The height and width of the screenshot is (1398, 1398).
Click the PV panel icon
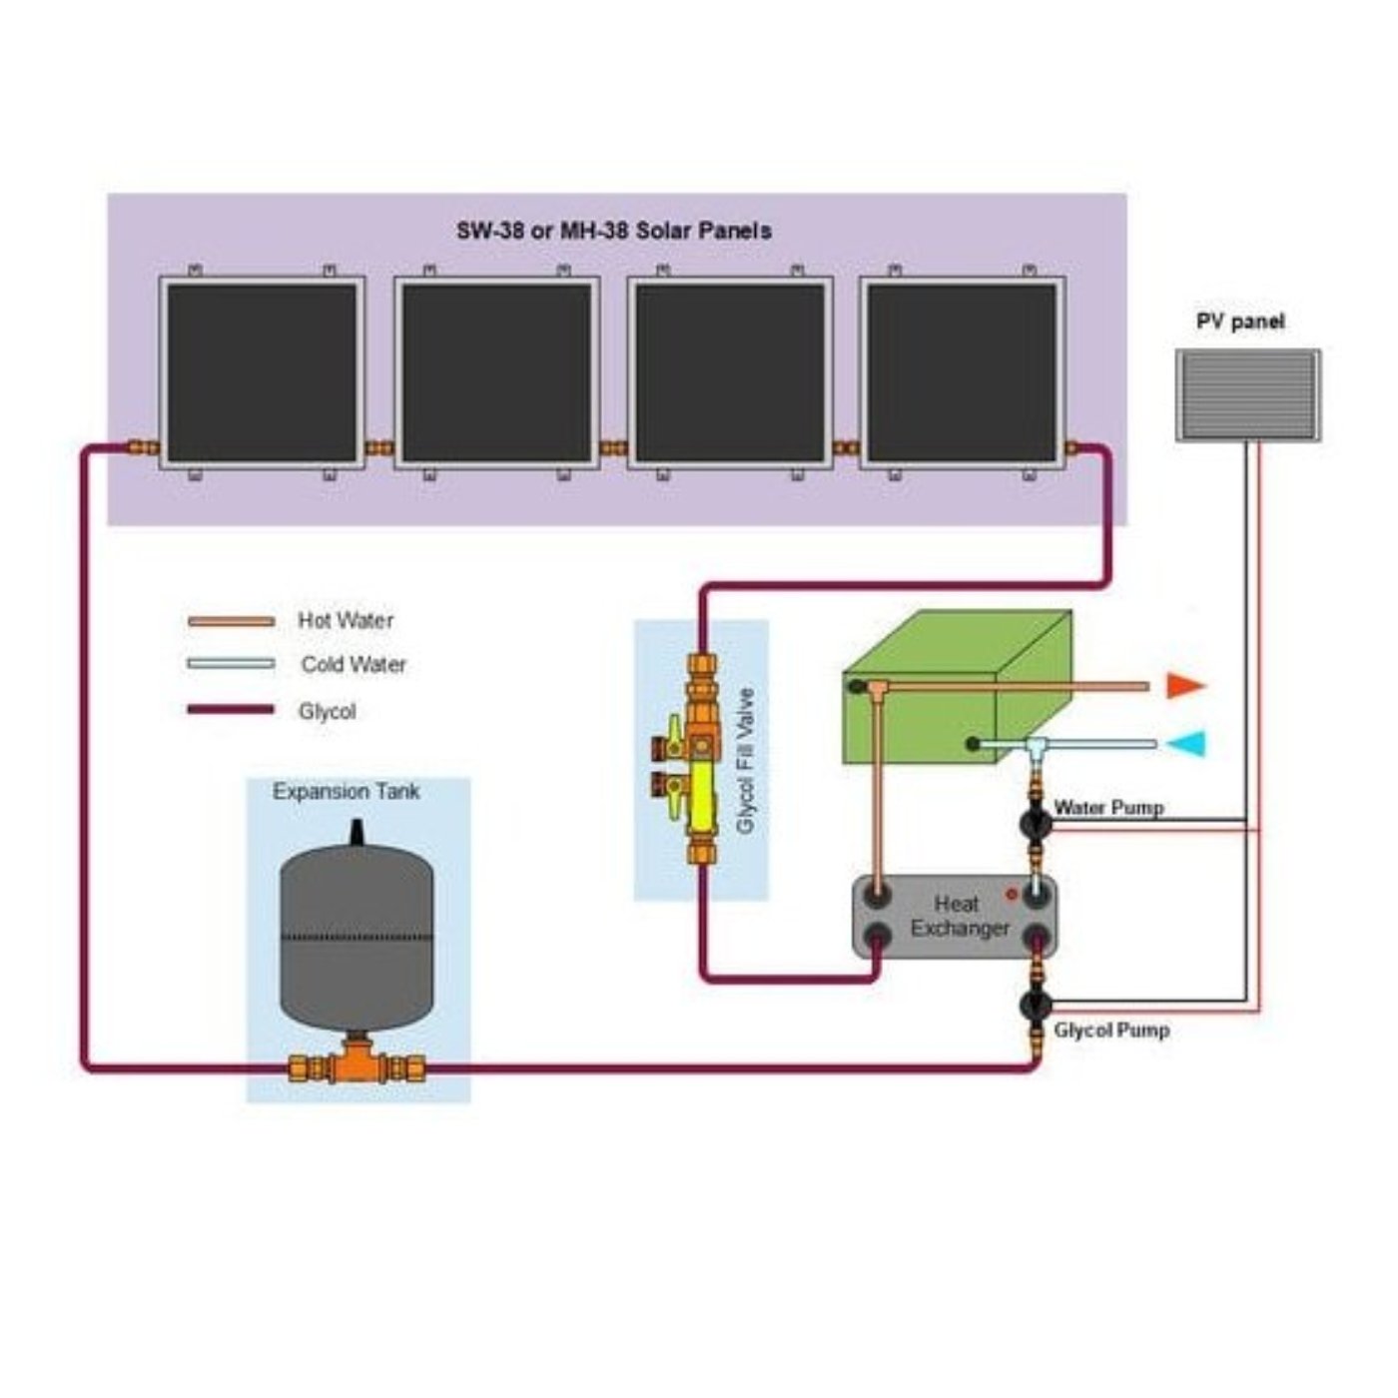click(x=1247, y=395)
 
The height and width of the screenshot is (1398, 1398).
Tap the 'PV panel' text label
click(x=1240, y=322)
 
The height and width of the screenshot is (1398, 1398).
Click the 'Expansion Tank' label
click(x=347, y=792)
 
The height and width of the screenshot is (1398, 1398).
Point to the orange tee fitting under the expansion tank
click(x=356, y=1065)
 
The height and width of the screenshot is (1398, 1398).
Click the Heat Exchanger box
click(x=955, y=917)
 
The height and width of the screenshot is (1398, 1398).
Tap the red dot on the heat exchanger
click(x=1012, y=895)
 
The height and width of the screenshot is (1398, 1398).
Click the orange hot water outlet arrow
click(x=1185, y=686)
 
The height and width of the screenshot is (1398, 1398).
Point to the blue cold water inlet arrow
click(x=1187, y=744)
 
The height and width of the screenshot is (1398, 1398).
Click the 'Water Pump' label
click(x=1108, y=807)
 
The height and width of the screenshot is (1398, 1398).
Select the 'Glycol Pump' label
click(x=1111, y=1030)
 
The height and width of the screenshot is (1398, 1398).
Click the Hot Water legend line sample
click(x=231, y=621)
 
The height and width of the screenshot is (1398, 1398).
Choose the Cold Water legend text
click(x=353, y=665)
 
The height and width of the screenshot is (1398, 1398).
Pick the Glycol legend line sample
click(x=231, y=710)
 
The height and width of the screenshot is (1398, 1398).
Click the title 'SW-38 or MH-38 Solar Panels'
click(x=614, y=231)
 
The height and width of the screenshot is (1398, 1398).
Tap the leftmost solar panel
click(x=262, y=372)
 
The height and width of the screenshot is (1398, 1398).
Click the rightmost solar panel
click(x=962, y=372)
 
